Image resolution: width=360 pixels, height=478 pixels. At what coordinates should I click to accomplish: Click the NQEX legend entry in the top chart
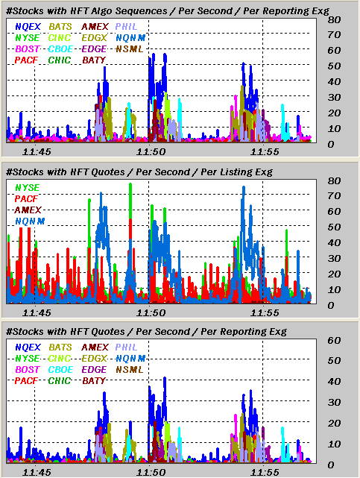click(28, 27)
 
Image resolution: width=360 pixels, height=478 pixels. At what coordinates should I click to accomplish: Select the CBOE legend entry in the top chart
click(60, 49)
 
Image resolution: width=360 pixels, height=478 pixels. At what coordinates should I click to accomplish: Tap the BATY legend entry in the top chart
click(94, 60)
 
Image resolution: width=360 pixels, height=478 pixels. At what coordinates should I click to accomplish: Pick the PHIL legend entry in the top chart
click(127, 27)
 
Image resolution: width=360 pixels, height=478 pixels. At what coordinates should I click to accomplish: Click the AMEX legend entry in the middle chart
click(28, 210)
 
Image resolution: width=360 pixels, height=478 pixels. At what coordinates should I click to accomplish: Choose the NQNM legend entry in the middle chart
click(30, 221)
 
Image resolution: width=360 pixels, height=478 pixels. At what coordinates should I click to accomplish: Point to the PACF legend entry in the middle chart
click(26, 199)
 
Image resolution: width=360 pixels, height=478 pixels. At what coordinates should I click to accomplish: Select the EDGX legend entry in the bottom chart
click(95, 359)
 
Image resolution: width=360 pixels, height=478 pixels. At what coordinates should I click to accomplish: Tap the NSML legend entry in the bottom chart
click(130, 370)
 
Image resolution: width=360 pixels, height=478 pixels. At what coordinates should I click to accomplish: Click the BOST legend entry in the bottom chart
click(28, 370)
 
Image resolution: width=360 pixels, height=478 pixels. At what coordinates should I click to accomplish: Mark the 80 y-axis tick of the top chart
click(334, 20)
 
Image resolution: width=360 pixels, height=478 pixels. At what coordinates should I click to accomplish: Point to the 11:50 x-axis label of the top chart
click(151, 152)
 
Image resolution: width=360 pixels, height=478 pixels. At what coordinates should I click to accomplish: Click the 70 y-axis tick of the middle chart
click(334, 196)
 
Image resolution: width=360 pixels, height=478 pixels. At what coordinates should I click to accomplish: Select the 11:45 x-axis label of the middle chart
click(37, 312)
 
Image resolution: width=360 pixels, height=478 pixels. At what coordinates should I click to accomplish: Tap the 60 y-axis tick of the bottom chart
click(334, 341)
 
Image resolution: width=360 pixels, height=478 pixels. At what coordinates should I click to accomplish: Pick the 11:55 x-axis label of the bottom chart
click(265, 473)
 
